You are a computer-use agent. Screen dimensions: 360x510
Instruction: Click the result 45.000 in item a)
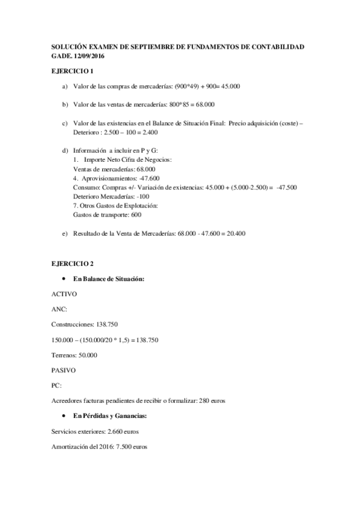[230, 87]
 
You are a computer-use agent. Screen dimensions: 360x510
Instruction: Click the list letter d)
[65, 150]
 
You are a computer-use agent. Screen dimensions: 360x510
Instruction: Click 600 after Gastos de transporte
[136, 214]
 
